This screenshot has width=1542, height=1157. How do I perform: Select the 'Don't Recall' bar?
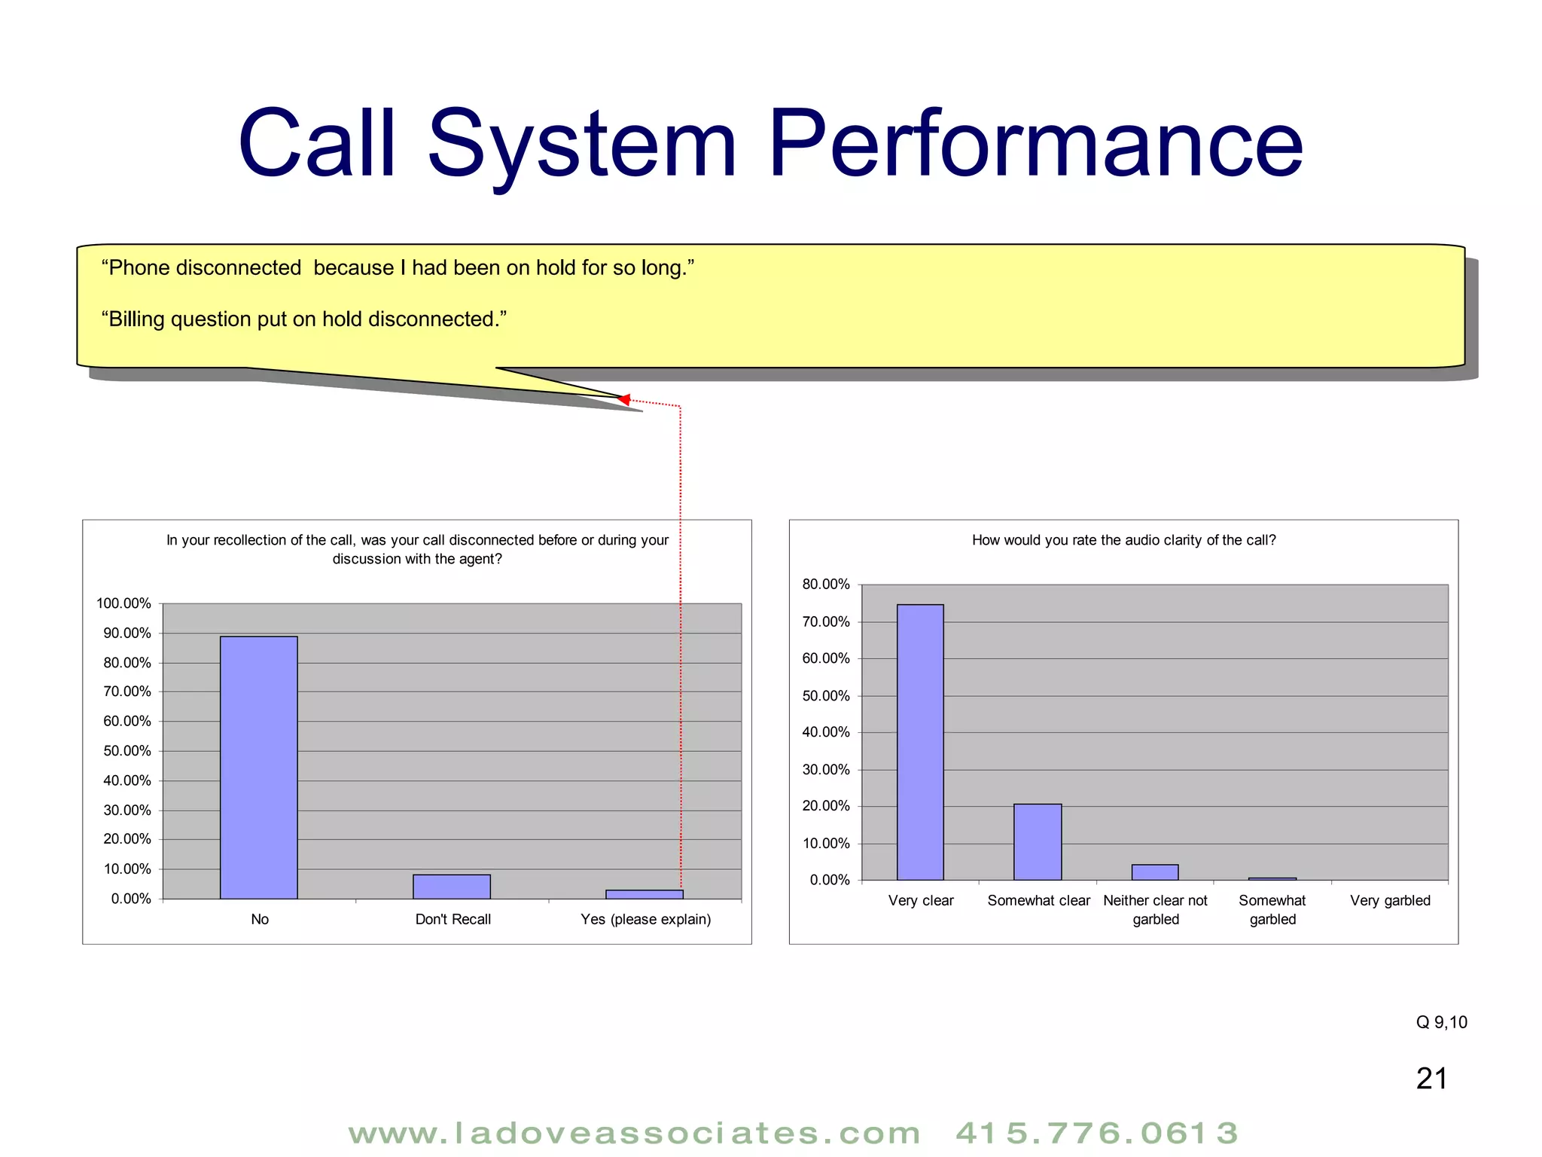tap(452, 887)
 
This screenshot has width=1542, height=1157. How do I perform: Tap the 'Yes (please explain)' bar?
tap(645, 894)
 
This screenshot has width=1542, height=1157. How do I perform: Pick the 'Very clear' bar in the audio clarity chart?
tap(920, 742)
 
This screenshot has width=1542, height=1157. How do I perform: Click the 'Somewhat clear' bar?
tap(1038, 841)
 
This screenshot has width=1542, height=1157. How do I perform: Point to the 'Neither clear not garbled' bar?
tap(1155, 872)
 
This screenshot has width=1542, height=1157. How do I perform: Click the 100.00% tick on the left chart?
tap(124, 603)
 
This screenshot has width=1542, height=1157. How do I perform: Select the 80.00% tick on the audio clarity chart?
tap(826, 585)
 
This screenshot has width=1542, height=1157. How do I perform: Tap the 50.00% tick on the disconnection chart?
tap(127, 751)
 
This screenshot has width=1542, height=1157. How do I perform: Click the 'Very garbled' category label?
tap(1390, 901)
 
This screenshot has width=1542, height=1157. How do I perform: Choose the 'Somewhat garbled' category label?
tap(1272, 910)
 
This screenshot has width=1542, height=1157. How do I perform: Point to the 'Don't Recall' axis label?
tap(453, 920)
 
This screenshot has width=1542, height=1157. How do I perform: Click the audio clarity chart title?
tap(1123, 540)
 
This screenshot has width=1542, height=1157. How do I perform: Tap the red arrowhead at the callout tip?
tap(624, 399)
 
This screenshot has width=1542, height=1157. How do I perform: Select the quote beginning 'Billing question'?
tap(304, 319)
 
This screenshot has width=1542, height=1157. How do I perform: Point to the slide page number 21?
tap(1431, 1079)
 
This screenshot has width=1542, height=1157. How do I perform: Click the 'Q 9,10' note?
tap(1441, 1022)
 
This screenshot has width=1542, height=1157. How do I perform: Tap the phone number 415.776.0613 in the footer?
tap(1096, 1134)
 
